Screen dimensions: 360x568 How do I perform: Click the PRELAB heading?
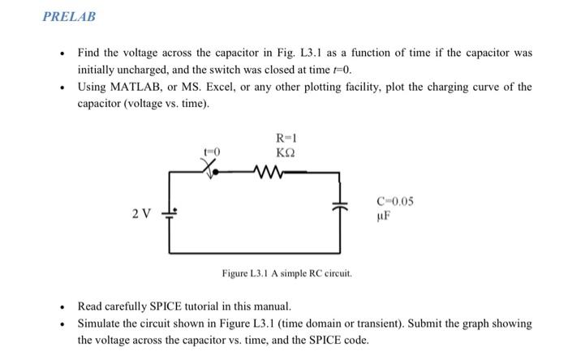pos(70,16)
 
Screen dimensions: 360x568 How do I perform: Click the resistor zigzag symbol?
pos(267,171)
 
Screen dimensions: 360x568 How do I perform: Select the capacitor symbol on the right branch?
pos(340,209)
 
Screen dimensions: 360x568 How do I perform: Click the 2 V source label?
pos(140,214)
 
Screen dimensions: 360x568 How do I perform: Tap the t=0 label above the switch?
pos(212,152)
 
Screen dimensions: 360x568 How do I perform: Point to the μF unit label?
pos(385,217)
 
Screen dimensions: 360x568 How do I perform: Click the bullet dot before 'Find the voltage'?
pos(62,53)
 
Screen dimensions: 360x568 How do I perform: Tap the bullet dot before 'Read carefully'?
pos(62,307)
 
